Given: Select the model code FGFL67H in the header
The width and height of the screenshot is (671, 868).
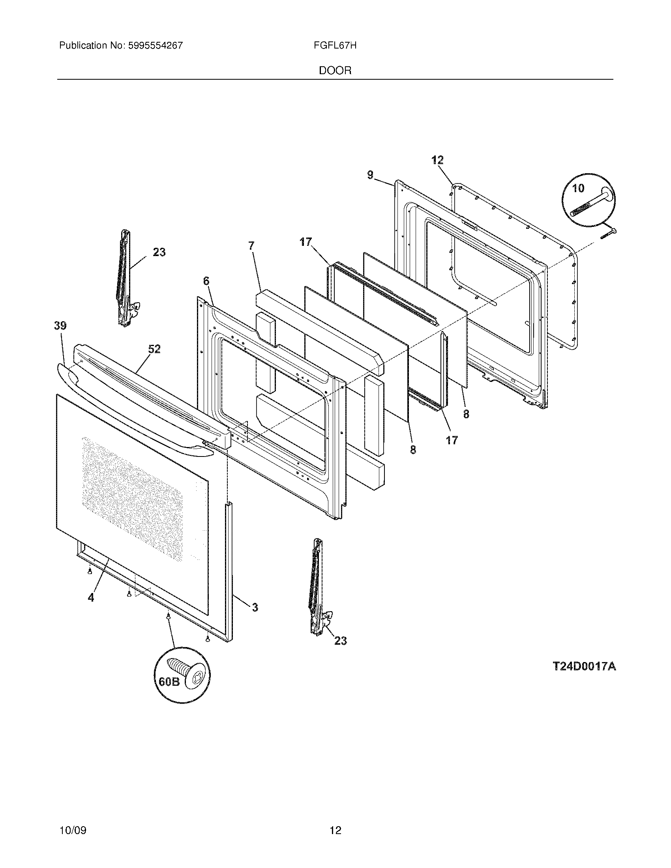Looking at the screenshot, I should [x=335, y=46].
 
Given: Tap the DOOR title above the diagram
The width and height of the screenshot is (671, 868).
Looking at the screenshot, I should [x=335, y=71].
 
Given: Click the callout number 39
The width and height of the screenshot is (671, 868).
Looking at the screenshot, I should [x=60, y=326].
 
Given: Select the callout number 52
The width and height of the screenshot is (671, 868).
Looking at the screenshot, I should [x=154, y=349].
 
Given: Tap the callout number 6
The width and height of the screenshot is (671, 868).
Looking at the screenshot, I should [x=206, y=281].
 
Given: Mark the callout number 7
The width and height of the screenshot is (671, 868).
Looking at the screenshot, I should [x=251, y=246].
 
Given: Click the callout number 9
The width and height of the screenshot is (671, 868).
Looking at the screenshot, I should [x=371, y=174].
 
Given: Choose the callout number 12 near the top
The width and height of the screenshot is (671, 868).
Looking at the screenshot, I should [x=437, y=160].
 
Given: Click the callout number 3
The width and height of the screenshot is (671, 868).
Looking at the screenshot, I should [x=255, y=607].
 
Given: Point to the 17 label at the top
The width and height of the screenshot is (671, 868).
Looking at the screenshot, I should [x=306, y=242].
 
